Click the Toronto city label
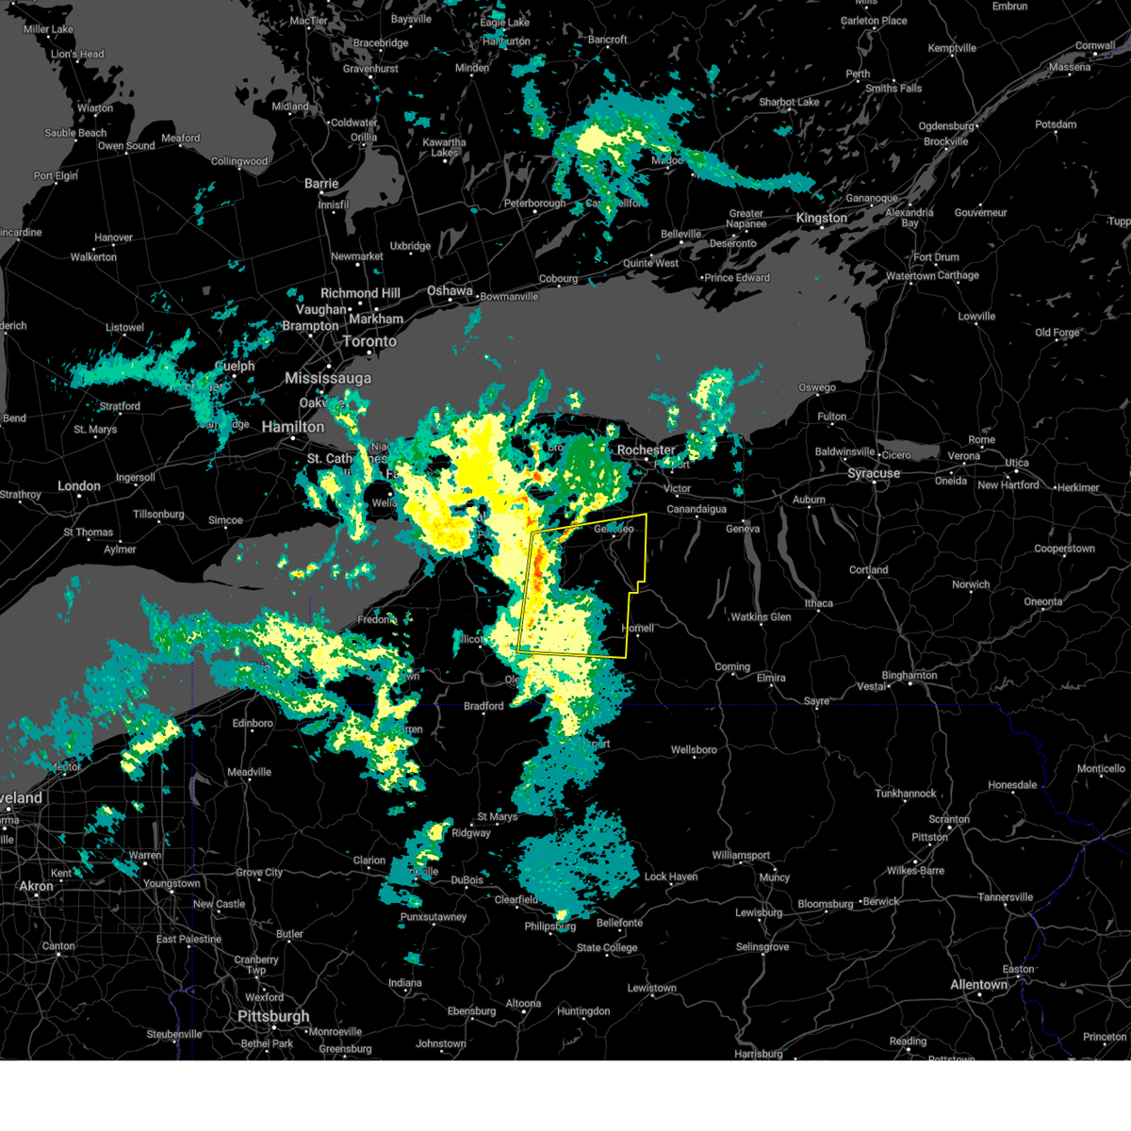(x=369, y=341)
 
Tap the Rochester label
(x=646, y=451)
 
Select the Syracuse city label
(x=874, y=474)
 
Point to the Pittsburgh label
(x=273, y=1016)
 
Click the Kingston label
(x=822, y=218)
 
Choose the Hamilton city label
(x=293, y=427)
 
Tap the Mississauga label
(x=328, y=378)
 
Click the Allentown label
(x=978, y=985)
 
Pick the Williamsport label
(x=741, y=855)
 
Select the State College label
(x=607, y=948)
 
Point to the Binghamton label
(x=910, y=675)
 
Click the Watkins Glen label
(x=761, y=617)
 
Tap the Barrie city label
(x=321, y=184)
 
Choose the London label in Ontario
(x=79, y=485)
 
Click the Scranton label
(x=949, y=819)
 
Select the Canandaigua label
(x=697, y=509)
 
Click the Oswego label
(x=817, y=387)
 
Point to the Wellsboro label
(x=694, y=750)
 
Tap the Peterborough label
(x=534, y=204)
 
